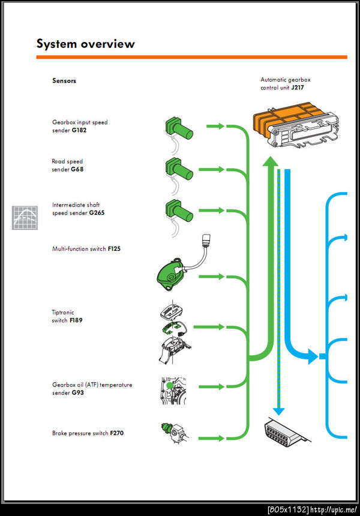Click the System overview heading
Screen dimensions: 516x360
click(86, 44)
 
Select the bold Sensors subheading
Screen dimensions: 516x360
click(64, 81)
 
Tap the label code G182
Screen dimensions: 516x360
click(79, 130)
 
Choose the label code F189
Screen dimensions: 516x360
click(76, 320)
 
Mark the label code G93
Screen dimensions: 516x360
click(77, 392)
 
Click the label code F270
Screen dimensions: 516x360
click(116, 432)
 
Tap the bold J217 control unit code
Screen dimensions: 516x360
click(298, 88)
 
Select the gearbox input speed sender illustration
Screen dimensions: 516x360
click(179, 129)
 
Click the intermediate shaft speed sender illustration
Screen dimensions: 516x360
click(179, 212)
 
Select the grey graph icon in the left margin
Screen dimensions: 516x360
click(25, 217)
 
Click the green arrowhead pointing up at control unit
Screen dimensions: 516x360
click(271, 160)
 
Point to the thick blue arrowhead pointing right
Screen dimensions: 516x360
click(313, 357)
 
